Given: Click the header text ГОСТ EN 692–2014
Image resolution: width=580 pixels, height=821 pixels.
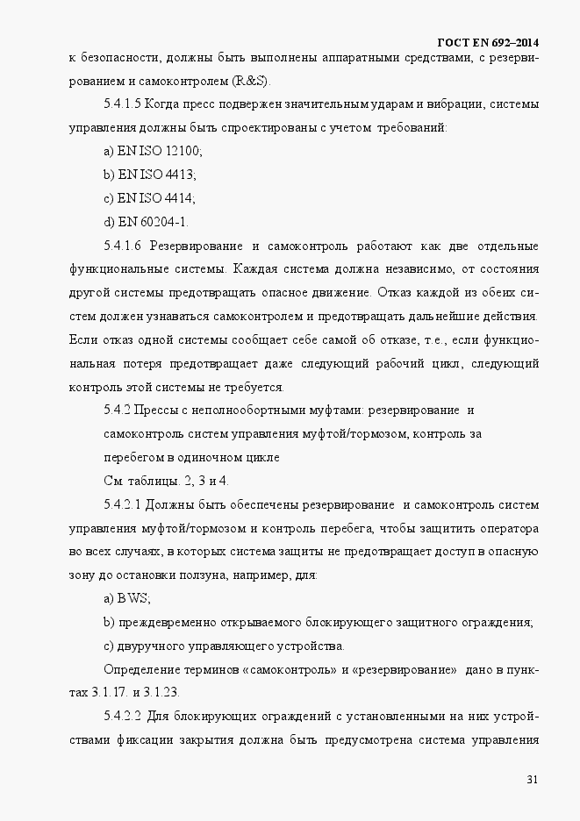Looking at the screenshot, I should pyautogui.click(x=487, y=42).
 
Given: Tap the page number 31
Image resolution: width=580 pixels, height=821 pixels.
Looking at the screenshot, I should pyautogui.click(x=532, y=779).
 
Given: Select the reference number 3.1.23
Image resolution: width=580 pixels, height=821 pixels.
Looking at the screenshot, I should pyautogui.click(x=160, y=692).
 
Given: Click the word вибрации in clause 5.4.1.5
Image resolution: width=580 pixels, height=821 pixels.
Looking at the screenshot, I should pyautogui.click(x=454, y=104).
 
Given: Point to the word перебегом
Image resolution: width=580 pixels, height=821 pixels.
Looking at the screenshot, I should pyautogui.click(x=132, y=457).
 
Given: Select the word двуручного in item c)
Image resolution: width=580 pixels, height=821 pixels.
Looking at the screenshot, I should pyautogui.click(x=149, y=646).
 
